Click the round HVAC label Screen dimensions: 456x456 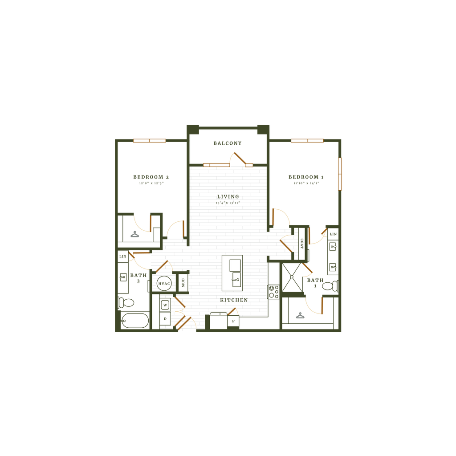[x=164, y=283]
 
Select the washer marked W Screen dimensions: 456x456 [x=165, y=305]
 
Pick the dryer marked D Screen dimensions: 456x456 [x=165, y=319]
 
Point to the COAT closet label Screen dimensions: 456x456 [x=301, y=243]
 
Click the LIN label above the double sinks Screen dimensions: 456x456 [x=333, y=234]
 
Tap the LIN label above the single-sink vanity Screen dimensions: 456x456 [x=123, y=256]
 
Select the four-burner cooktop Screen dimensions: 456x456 [x=273, y=292]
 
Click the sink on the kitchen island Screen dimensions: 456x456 [x=235, y=281]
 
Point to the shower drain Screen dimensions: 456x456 [x=292, y=276]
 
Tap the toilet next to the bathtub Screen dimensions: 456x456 [x=127, y=303]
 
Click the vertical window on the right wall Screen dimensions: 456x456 [x=339, y=174]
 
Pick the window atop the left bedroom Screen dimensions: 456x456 [x=150, y=141]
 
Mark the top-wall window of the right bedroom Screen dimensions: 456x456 [x=307, y=141]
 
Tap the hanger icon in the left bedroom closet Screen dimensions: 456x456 [x=134, y=235]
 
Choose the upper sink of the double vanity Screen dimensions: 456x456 [x=333, y=246]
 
